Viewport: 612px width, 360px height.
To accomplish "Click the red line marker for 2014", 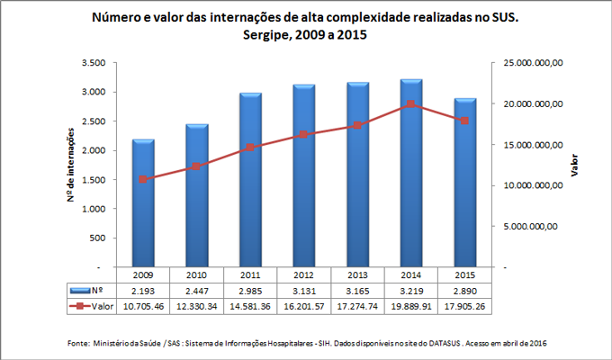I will click(409, 104).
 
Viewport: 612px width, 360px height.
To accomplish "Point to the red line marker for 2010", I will click(197, 166).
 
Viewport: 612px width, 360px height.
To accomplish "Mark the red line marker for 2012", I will click(303, 135).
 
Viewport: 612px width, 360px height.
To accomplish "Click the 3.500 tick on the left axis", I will click(94, 63).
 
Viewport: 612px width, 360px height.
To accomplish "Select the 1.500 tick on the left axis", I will click(94, 180).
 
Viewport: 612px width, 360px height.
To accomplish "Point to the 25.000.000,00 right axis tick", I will click(533, 63).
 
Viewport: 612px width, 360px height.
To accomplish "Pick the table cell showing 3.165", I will click(356, 291).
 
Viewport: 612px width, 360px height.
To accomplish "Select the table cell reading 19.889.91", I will click(409, 307).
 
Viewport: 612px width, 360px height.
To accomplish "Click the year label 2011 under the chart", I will click(250, 274).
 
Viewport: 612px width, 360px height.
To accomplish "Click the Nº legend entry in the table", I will click(91, 291).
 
